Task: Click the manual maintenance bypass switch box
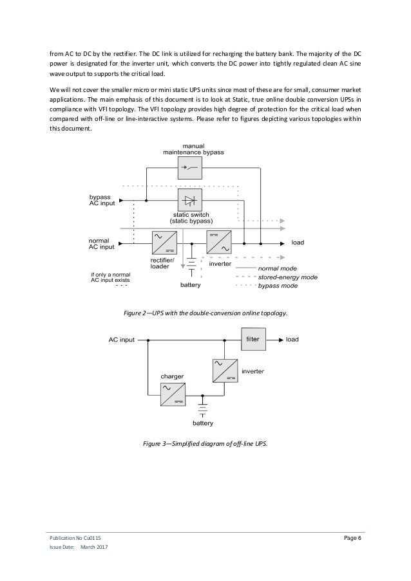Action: [189, 169]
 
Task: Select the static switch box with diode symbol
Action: [189, 200]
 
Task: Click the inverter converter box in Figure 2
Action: [218, 243]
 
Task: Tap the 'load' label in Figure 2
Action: [298, 243]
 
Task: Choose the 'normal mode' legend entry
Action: [278, 267]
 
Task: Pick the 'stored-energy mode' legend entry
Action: [287, 276]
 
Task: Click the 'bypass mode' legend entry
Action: [278, 285]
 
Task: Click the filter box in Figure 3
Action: [253, 339]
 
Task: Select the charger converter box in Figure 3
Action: [173, 394]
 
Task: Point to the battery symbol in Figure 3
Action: [203, 410]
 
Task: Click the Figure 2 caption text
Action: [205, 313]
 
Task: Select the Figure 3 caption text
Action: [205, 445]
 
